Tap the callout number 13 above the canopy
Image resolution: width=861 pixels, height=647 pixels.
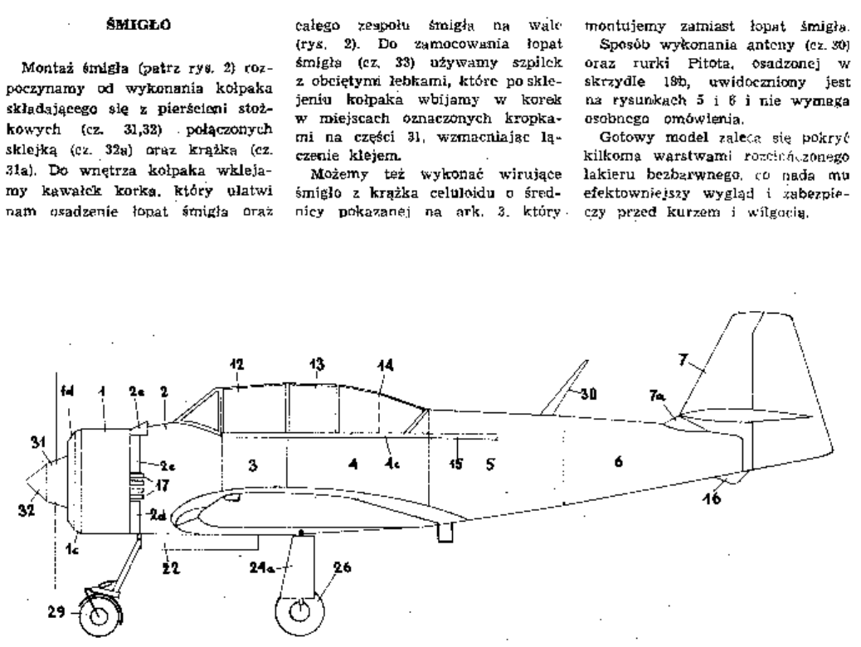316,365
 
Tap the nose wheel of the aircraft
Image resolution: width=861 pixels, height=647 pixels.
99,615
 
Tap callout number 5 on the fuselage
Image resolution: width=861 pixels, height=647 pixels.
491,463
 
